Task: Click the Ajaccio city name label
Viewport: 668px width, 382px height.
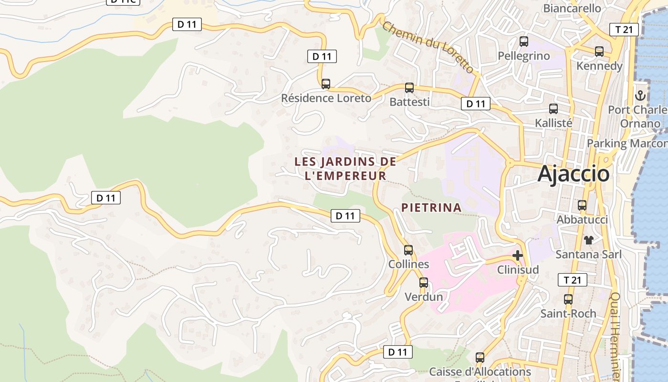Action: click(x=574, y=174)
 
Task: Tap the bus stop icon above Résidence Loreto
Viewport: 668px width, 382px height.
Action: click(x=326, y=84)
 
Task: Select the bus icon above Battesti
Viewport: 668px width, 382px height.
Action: click(x=409, y=88)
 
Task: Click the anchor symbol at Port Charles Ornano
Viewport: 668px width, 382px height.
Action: click(x=640, y=95)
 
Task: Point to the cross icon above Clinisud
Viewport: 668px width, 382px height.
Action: click(x=518, y=255)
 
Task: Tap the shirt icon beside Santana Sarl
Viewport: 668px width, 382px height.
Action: click(x=588, y=240)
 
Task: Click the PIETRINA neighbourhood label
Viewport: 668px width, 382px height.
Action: click(x=431, y=208)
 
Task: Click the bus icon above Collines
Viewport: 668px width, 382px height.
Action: click(x=408, y=250)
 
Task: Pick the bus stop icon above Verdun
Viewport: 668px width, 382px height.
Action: click(x=424, y=283)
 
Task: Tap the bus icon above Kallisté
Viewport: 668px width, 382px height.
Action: click(x=553, y=109)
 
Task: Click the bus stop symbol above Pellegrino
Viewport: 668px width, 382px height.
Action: click(x=524, y=42)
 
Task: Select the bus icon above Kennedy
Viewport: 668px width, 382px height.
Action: click(x=599, y=52)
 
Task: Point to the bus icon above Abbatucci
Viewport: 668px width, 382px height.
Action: click(x=582, y=206)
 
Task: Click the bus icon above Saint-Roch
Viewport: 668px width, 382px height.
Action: click(x=568, y=300)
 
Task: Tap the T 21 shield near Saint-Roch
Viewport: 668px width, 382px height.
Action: click(x=572, y=280)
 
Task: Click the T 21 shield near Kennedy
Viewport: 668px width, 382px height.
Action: click(x=624, y=30)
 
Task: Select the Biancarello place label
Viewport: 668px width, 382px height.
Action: click(x=572, y=8)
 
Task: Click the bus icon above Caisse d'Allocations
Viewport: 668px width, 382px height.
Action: click(x=480, y=358)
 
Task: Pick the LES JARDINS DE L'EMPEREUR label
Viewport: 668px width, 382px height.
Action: click(x=345, y=169)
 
